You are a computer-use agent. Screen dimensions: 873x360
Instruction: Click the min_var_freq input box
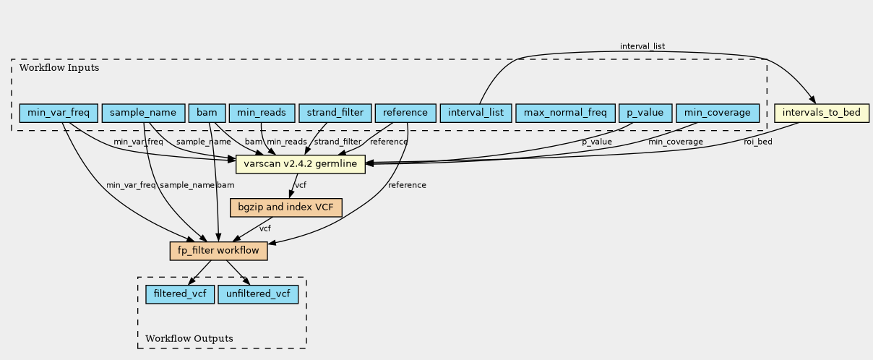coord(59,113)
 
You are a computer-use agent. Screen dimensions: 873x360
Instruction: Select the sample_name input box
coord(143,113)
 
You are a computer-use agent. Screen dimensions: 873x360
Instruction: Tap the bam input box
coord(207,113)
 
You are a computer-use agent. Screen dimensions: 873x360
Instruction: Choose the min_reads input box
coord(262,113)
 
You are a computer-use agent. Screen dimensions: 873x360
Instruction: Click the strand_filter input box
coord(335,113)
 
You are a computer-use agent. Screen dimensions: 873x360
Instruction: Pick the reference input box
coord(405,113)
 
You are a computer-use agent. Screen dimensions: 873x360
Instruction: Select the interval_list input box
coord(476,113)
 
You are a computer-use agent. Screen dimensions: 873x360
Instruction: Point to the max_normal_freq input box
coord(565,113)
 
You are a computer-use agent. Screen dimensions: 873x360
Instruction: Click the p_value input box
coord(645,113)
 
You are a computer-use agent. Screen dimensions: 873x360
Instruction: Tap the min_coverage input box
coord(718,113)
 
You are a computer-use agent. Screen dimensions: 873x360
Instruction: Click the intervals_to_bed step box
coord(822,113)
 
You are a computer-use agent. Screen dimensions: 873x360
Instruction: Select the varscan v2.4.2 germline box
coord(301,164)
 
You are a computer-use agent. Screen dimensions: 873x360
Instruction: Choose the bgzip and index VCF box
coord(285,207)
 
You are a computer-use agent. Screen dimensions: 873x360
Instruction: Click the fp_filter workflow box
coord(219,251)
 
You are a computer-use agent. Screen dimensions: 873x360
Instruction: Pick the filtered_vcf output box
coord(180,294)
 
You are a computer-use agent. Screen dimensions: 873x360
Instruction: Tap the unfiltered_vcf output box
coord(258,294)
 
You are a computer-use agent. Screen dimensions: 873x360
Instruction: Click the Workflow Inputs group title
coord(59,68)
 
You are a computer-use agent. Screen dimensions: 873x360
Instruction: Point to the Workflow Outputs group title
coord(189,338)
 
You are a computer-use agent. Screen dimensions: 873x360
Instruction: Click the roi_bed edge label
coord(757,142)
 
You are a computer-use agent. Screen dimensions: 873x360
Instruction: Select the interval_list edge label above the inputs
coord(642,46)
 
